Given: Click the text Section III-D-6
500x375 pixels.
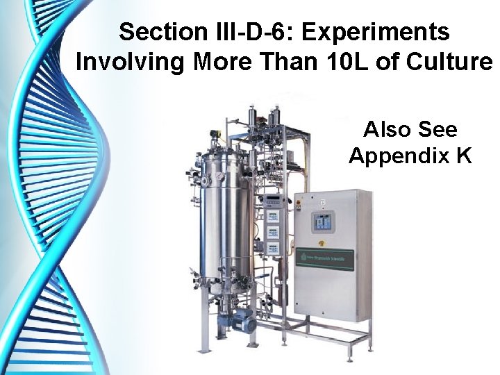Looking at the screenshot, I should [201, 32].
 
